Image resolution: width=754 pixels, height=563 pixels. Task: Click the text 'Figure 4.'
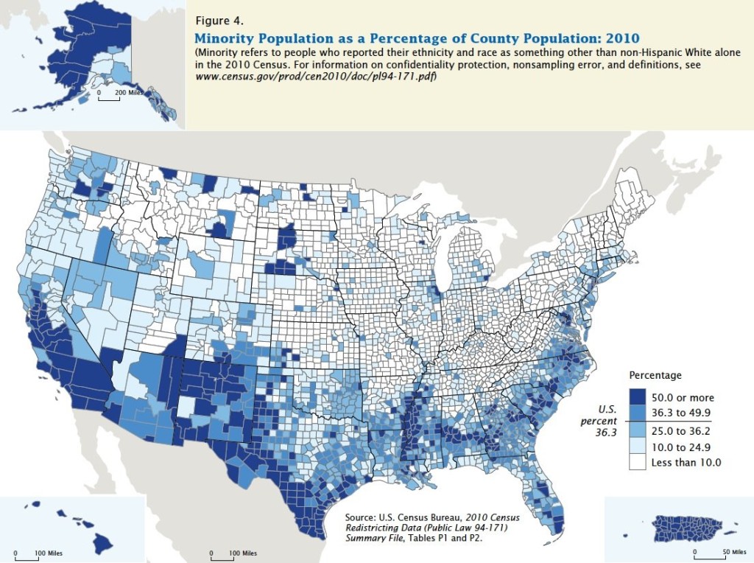(x=219, y=21)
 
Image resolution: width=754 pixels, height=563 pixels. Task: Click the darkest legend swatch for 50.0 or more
(x=637, y=397)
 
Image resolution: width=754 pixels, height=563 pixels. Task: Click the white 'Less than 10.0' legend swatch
(x=637, y=463)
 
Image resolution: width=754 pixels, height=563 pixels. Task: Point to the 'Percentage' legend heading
(x=655, y=375)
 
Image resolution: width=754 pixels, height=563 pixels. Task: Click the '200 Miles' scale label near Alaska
(x=129, y=92)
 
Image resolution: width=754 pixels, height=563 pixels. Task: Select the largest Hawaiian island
(x=102, y=543)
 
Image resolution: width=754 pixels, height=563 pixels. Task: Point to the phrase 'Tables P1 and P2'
(x=444, y=538)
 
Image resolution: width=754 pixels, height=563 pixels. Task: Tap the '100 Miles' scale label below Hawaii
(x=48, y=553)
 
